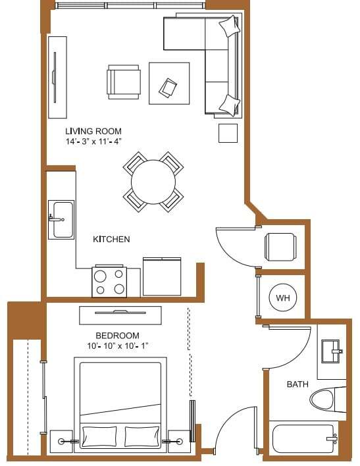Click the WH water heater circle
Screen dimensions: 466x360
[283, 298]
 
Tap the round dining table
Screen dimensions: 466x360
[153, 182]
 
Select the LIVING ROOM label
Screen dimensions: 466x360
[93, 131]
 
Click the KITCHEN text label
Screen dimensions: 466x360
[111, 239]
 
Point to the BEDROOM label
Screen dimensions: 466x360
[117, 334]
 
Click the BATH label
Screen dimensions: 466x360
[297, 384]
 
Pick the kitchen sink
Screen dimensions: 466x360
[63, 219]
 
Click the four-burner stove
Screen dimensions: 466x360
[109, 281]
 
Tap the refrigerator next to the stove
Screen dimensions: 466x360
[163, 276]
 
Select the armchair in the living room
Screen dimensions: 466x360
[124, 82]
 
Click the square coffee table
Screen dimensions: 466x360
[169, 84]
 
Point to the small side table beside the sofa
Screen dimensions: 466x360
[228, 133]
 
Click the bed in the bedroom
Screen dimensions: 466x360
[122, 403]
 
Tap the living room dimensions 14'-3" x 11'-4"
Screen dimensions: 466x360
[93, 142]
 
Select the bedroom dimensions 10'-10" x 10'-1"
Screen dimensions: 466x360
[117, 346]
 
